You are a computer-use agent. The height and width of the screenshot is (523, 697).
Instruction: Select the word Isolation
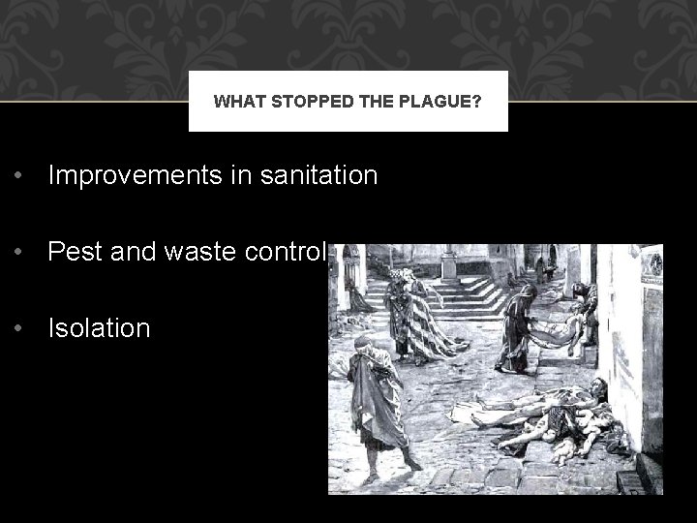click(x=100, y=328)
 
